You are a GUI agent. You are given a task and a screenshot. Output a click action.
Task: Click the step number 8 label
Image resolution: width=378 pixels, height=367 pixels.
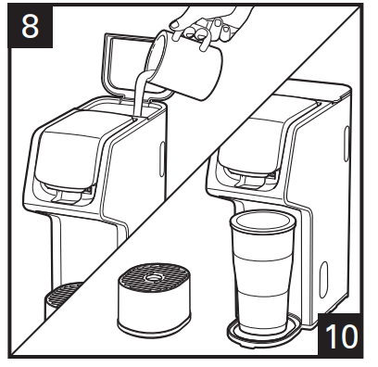pos(30,27)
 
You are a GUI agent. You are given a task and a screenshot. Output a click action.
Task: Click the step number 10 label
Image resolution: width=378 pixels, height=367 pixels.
pos(341,336)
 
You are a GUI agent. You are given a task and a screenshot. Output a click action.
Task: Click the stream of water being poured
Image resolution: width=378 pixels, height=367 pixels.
pos(139,93)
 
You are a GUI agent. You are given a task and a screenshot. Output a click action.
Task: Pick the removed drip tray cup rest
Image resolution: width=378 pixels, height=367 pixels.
pos(154,299)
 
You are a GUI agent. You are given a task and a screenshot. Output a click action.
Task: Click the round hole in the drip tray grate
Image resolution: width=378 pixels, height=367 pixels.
pos(152,277)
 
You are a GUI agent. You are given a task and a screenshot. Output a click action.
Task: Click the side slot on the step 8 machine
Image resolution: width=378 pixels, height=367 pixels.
pos(162,159)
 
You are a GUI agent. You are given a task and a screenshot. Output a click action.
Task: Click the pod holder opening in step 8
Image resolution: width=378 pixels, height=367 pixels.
pos(68,193)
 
